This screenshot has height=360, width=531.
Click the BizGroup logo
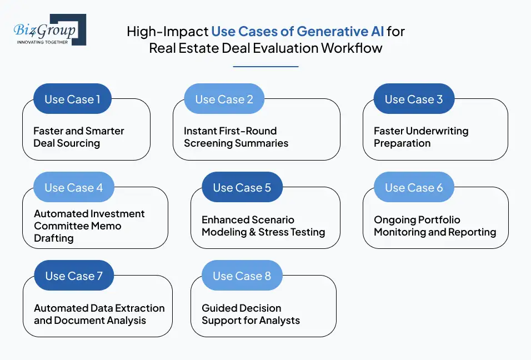49,29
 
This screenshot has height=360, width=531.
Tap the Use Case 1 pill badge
72,99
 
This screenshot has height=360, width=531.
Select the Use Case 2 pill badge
224,99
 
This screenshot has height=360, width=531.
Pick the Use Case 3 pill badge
414,99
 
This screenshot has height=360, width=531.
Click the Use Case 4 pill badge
73,188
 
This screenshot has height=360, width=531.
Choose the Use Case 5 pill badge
242,188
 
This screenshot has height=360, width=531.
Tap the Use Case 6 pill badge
414,188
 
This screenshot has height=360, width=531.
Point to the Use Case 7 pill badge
73,276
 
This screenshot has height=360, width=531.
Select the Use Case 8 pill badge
242,276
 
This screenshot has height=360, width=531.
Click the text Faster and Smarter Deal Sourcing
78,137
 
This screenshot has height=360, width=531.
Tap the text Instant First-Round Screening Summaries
236,137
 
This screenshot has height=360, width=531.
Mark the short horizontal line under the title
265,67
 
